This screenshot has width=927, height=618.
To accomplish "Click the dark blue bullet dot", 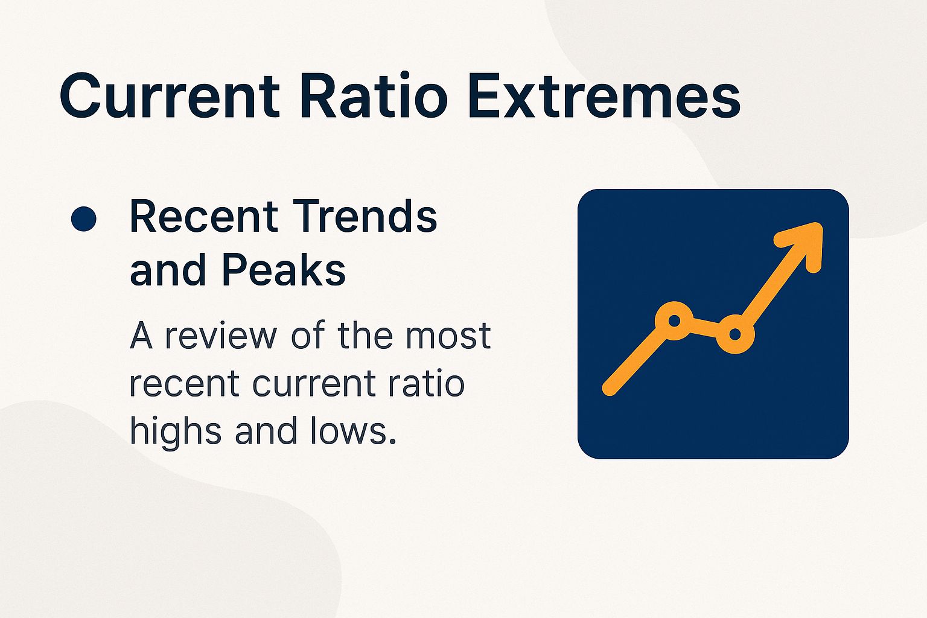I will tap(83, 218).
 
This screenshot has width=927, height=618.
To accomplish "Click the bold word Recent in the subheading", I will tap(203, 217).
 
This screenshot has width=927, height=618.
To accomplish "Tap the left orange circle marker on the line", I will tap(675, 320).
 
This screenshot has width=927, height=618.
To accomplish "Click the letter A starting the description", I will tap(141, 336).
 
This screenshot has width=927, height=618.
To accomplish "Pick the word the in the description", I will tap(366, 336).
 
